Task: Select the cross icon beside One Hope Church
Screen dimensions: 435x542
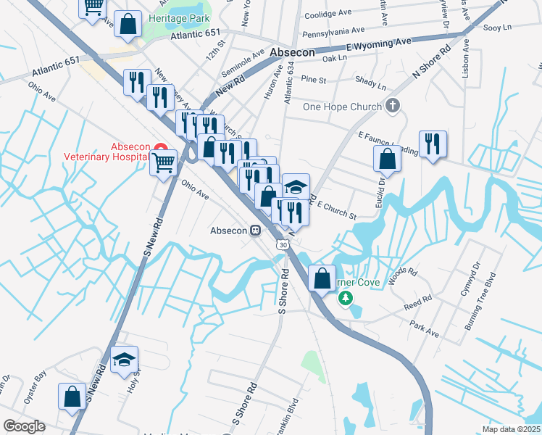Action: click(x=393, y=107)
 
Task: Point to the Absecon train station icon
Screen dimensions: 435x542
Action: click(x=255, y=231)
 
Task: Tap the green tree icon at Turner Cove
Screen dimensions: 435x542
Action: click(x=346, y=298)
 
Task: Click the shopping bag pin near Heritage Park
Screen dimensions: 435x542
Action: click(x=128, y=23)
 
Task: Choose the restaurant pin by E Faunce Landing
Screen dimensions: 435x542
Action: click(x=433, y=142)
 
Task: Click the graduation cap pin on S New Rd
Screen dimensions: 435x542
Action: click(x=125, y=359)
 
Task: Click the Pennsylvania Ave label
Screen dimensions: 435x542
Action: click(x=333, y=32)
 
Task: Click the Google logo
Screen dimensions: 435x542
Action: click(x=24, y=426)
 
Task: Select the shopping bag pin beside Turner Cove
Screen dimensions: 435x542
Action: click(x=321, y=278)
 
